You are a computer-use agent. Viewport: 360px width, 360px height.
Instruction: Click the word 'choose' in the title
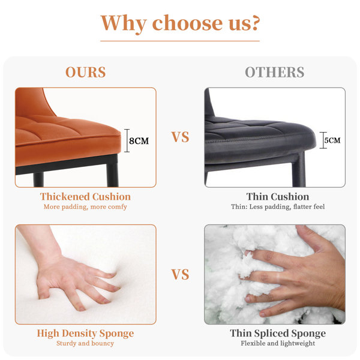(x=187, y=23)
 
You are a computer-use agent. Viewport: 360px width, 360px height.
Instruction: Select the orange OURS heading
(x=86, y=72)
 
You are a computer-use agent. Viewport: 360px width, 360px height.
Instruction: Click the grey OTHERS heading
(x=275, y=72)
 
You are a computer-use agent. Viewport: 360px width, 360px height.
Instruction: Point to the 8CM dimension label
(x=139, y=141)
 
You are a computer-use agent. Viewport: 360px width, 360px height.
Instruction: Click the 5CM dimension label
(x=332, y=140)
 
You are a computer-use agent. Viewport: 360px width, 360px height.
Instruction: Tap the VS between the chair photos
(x=180, y=137)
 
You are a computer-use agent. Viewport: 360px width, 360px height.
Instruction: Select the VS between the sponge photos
(x=180, y=274)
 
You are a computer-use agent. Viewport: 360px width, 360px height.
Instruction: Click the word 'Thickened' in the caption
(x=65, y=197)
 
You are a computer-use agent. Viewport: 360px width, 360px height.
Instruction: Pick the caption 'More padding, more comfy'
(x=85, y=207)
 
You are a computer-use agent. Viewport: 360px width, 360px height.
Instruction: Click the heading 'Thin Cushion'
(x=278, y=197)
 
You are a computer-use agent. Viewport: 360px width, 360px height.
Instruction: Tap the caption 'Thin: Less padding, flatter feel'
(x=278, y=206)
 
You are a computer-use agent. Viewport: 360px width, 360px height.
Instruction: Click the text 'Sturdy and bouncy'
(x=85, y=343)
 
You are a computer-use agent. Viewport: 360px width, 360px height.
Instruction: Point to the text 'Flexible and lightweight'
(x=278, y=343)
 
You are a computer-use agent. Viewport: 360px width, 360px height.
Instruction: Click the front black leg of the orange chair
(x=112, y=171)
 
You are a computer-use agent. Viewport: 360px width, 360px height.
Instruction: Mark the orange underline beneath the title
(x=180, y=41)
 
